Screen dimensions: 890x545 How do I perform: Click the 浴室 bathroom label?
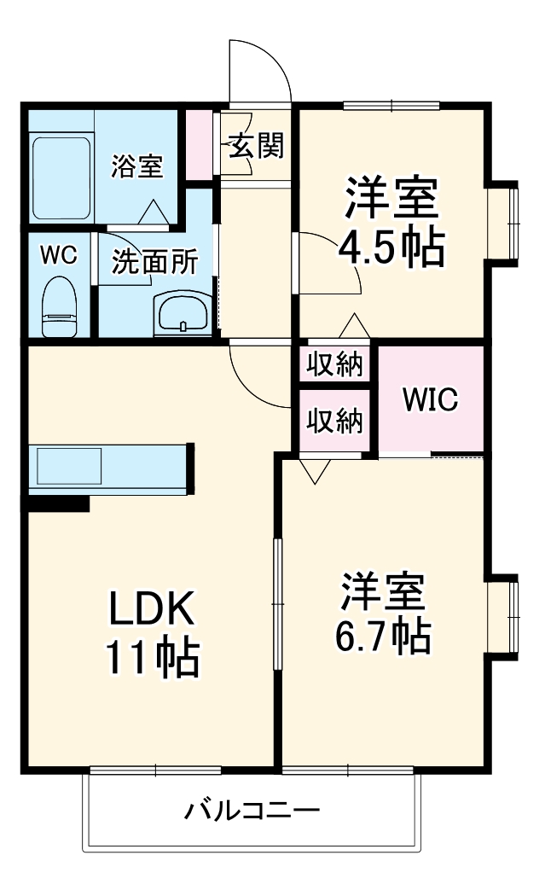coord(136,167)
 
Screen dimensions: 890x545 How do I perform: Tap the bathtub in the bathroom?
coord(61,177)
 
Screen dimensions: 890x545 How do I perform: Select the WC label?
coord(59,254)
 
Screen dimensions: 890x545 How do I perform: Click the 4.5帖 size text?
coord(391,248)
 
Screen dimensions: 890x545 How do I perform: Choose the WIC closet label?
coord(431,398)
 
